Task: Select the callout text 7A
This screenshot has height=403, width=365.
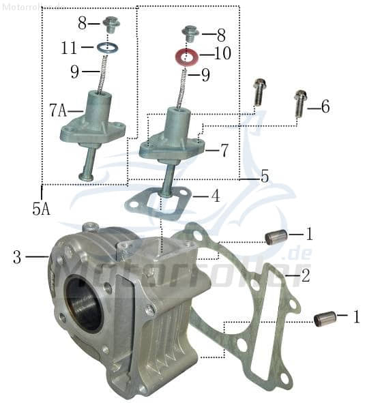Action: coord(58,110)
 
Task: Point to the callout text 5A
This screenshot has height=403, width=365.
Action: coord(41,209)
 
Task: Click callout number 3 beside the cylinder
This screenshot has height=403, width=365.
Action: coord(18,257)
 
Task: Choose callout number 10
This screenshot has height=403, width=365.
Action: coord(222,53)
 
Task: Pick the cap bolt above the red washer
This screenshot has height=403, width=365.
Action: coord(190,31)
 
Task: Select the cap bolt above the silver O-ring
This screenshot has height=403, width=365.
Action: coord(111,25)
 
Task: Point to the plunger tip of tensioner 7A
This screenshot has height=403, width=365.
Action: coord(87,177)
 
